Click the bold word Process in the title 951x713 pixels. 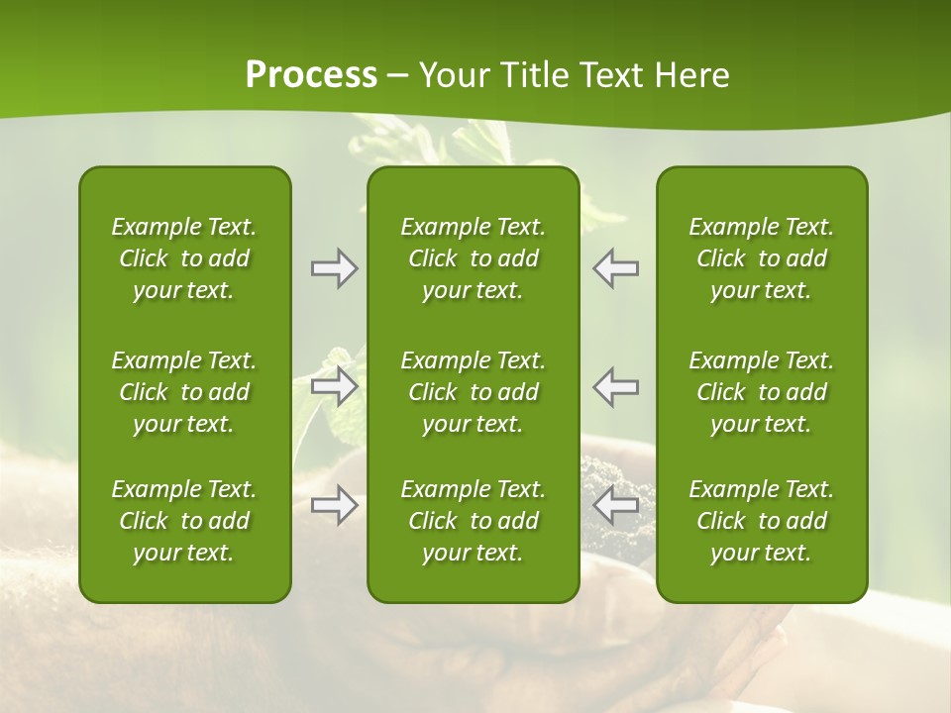(311, 75)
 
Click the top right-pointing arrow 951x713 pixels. (334, 268)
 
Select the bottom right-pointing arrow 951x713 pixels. (334, 506)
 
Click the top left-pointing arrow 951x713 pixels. (615, 268)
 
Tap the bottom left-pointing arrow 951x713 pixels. (615, 506)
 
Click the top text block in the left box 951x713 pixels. (184, 258)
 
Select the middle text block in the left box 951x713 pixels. (184, 392)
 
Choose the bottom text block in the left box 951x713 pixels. (184, 521)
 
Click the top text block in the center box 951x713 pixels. (473, 258)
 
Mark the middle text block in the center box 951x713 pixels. (473, 392)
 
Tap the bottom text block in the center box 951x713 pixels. (473, 521)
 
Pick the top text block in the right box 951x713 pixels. (761, 258)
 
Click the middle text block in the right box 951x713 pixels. (761, 392)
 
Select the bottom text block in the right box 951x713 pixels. (761, 521)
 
